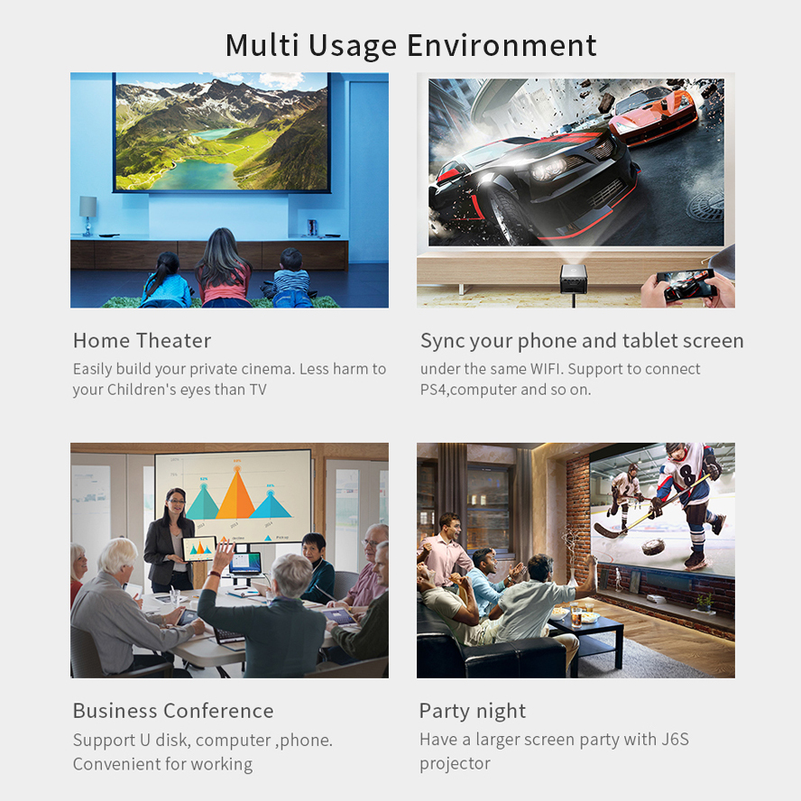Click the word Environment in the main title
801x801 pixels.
(502, 45)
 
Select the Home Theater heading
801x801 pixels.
(142, 341)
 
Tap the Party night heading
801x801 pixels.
(473, 711)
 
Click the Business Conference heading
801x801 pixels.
(173, 711)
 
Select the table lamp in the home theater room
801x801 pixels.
(87, 216)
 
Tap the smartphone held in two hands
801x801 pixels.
(686, 284)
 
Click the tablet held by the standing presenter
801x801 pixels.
(199, 548)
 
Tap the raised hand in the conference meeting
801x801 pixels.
(225, 553)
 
